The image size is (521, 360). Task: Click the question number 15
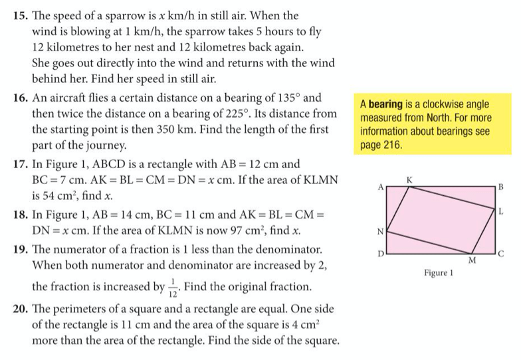pos(22,15)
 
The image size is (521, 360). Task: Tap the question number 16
pos(22,98)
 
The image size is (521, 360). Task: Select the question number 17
pos(22,164)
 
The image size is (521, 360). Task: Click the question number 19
pos(22,252)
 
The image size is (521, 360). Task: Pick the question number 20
pos(22,310)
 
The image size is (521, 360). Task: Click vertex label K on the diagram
pos(409,180)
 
